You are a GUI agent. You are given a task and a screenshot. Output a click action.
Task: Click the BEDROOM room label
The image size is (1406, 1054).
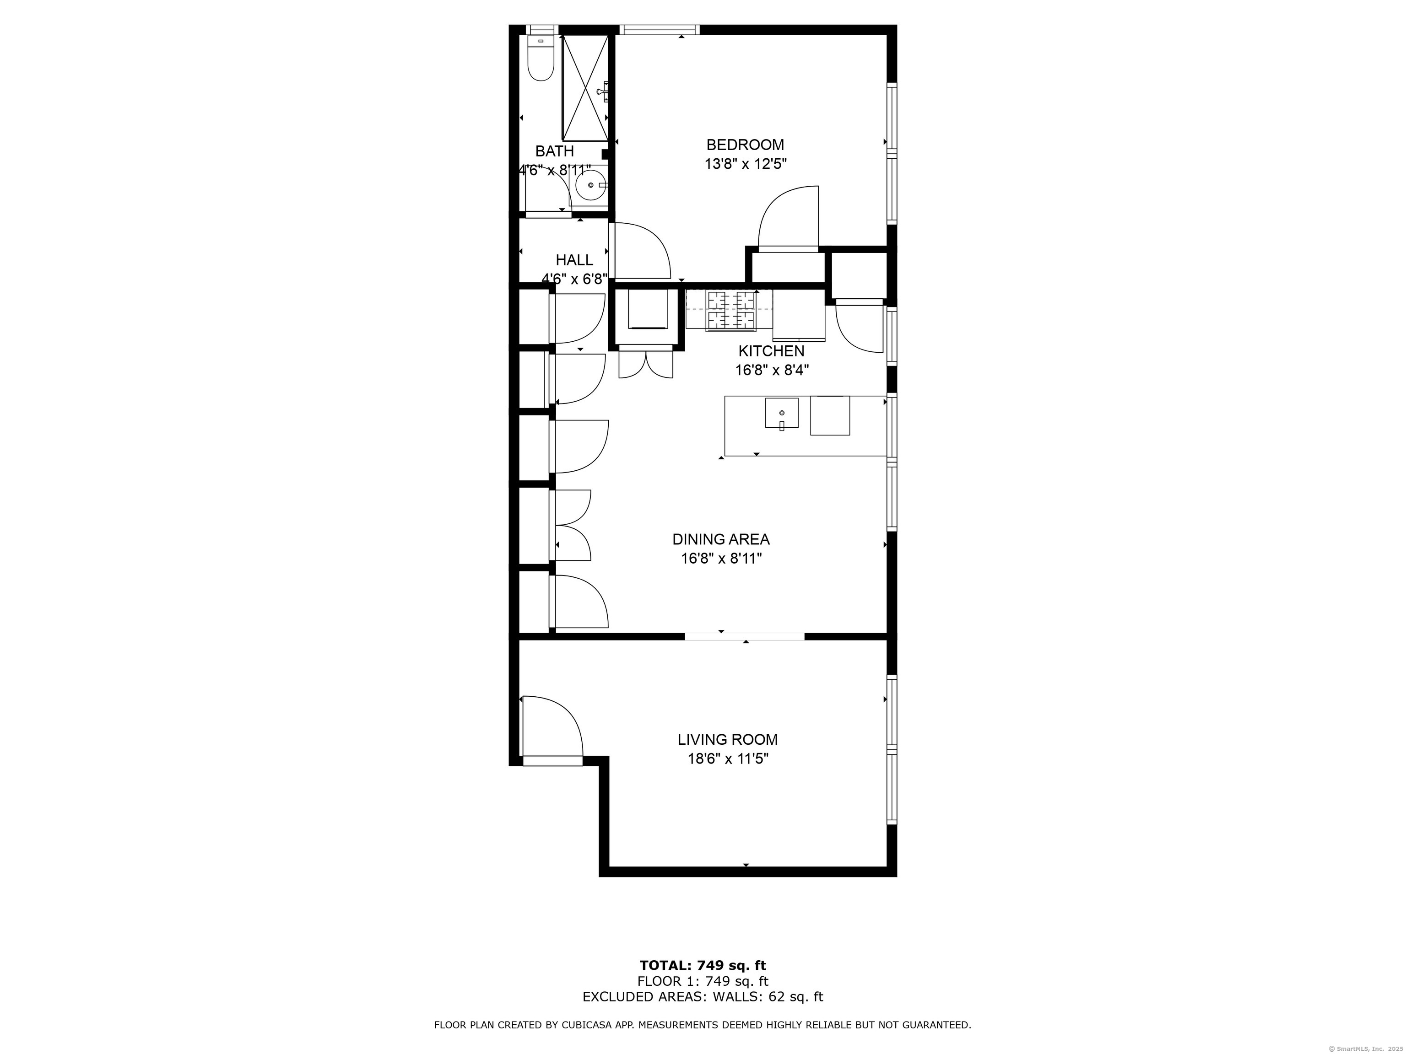[745, 145]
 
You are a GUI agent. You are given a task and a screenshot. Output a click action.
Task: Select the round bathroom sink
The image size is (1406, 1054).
[591, 185]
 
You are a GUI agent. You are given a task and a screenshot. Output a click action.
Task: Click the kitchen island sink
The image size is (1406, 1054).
[781, 413]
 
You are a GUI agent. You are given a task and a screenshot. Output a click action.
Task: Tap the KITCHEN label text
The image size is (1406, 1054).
[771, 351]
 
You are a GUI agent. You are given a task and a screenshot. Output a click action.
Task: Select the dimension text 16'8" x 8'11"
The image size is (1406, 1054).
[721, 559]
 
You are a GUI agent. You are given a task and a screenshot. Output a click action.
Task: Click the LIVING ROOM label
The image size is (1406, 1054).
[727, 740]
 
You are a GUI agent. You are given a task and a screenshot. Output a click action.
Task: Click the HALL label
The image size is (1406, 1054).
[574, 260]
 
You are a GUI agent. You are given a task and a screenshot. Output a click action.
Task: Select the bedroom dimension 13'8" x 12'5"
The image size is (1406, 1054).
[745, 164]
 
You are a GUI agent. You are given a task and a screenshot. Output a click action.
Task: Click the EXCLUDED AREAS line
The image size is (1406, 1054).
[703, 997]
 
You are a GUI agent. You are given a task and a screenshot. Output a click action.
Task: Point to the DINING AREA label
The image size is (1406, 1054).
[721, 539]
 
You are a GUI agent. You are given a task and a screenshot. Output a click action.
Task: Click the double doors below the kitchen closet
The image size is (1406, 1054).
[646, 365]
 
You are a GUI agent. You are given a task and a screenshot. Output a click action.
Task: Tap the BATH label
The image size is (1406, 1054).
[554, 151]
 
